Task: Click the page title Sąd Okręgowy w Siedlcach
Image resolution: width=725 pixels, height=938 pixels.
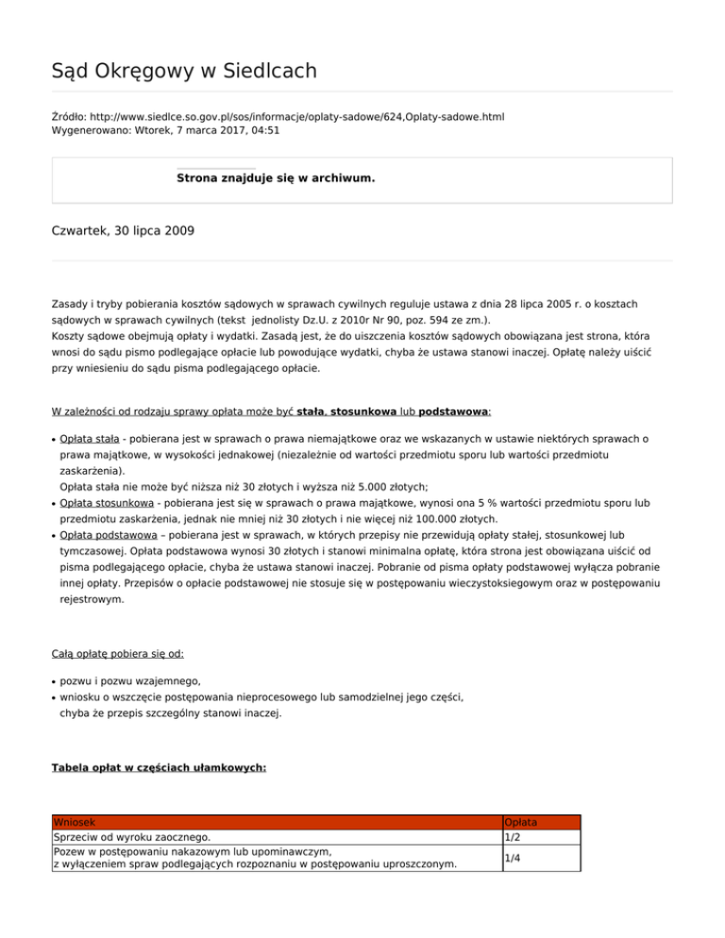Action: (184, 71)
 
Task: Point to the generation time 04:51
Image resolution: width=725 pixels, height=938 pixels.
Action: (264, 131)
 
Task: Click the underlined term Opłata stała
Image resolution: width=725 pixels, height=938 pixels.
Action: (89, 439)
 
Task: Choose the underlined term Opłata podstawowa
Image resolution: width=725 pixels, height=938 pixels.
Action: (106, 535)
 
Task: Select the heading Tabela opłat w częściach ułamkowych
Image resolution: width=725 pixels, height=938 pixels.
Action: (159, 768)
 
